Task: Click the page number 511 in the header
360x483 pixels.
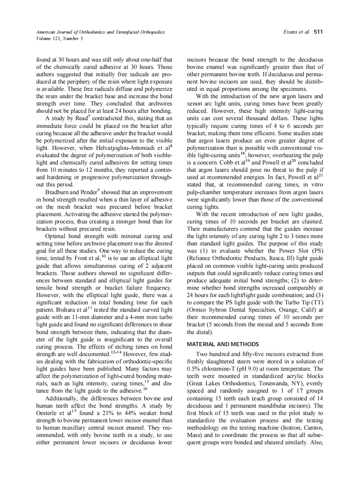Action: (x=318, y=32)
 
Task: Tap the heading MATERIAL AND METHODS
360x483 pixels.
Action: (x=223, y=344)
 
